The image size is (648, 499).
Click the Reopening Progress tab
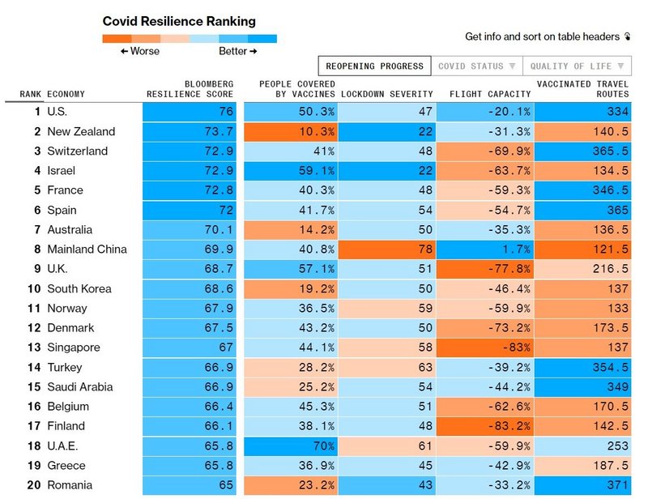click(x=374, y=66)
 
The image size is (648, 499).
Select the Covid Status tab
click(x=476, y=66)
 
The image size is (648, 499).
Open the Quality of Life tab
click(x=578, y=66)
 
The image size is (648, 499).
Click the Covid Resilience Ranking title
click(x=179, y=21)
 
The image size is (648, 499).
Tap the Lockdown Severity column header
click(x=387, y=94)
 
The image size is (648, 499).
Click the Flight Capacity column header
click(x=490, y=94)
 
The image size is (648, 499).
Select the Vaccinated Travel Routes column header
click(x=582, y=89)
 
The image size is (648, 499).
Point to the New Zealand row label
click(x=81, y=131)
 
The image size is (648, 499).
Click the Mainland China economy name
click(x=87, y=249)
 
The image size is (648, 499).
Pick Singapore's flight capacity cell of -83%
click(x=485, y=348)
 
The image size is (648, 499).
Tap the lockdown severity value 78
click(x=387, y=249)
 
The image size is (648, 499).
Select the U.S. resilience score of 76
click(x=190, y=112)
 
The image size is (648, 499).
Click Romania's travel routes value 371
click(x=582, y=485)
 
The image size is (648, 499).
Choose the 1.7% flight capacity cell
click(x=485, y=249)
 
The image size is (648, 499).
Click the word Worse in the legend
click(x=144, y=51)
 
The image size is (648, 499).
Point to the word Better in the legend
click(x=233, y=51)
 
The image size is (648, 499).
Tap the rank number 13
click(x=33, y=348)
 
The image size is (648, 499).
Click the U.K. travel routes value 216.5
click(x=582, y=269)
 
